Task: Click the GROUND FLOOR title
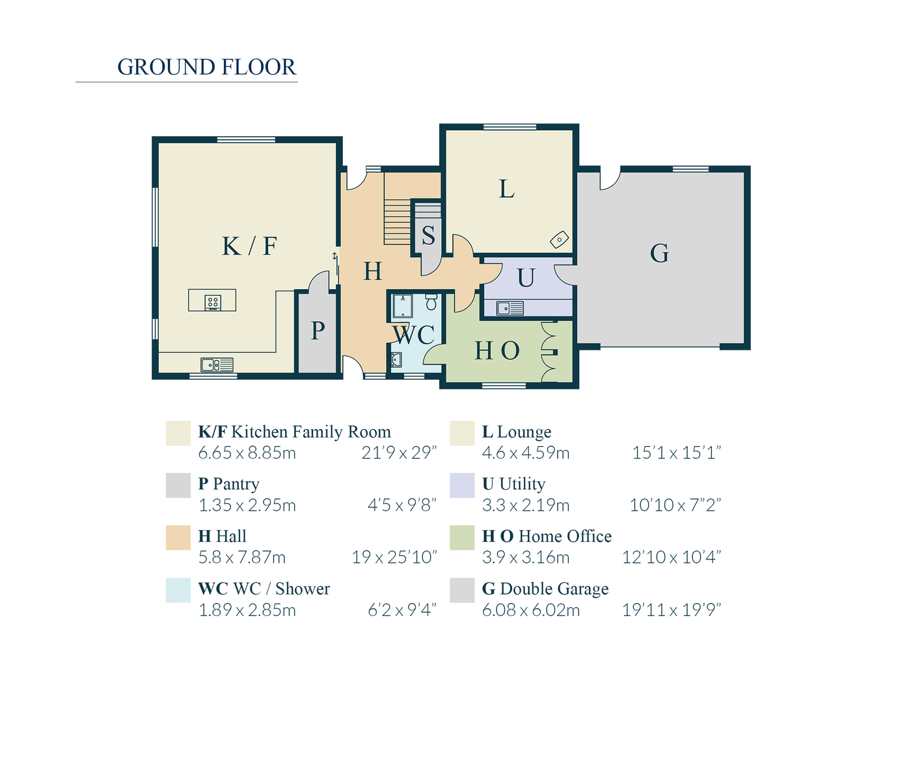click(x=206, y=67)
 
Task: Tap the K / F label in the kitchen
click(x=249, y=246)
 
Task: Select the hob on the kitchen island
click(x=213, y=302)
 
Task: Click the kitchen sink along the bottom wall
click(x=217, y=365)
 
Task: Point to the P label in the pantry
click(x=318, y=331)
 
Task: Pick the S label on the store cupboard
click(x=428, y=236)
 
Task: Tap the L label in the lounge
click(x=507, y=190)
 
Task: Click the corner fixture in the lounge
click(x=560, y=240)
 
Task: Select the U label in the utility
click(x=526, y=278)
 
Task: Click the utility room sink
click(x=510, y=308)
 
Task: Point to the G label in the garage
click(x=659, y=253)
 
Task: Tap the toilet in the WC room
click(x=431, y=302)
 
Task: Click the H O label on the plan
click(x=497, y=351)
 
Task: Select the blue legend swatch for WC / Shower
click(x=178, y=590)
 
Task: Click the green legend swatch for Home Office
click(x=462, y=538)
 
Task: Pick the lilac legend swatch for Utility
click(x=462, y=485)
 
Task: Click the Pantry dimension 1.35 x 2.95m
click(x=247, y=505)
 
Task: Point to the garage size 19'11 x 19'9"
click(x=672, y=610)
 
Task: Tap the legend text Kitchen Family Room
click(x=311, y=432)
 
